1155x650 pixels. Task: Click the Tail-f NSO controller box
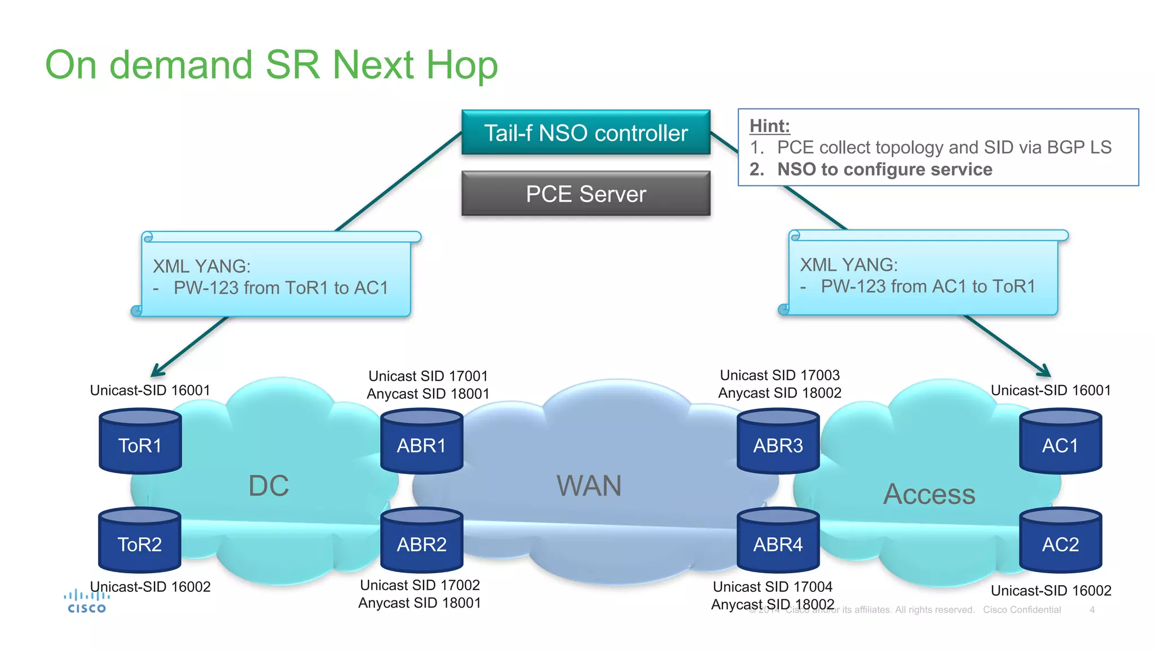pyautogui.click(x=585, y=133)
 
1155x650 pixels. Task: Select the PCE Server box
pyautogui.click(x=585, y=194)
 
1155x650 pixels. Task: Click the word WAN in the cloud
pyautogui.click(x=589, y=486)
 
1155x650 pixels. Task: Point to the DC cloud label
pyautogui.click(x=269, y=486)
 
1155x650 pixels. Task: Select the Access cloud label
pyautogui.click(x=929, y=494)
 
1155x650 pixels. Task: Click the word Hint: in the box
pyautogui.click(x=769, y=126)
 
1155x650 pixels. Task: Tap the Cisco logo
pyautogui.click(x=86, y=601)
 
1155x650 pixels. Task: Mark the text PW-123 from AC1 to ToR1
pyautogui.click(x=928, y=287)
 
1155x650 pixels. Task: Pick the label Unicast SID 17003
pyautogui.click(x=779, y=375)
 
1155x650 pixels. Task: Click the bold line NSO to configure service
pyautogui.click(x=884, y=169)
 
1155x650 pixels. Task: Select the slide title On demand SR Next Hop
pyautogui.click(x=271, y=65)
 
